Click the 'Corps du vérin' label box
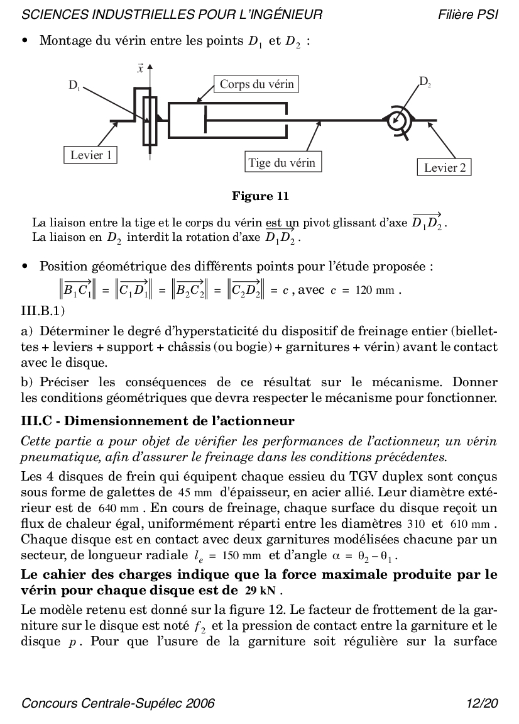point(256,84)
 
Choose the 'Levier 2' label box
point(444,167)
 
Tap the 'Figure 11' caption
point(260,196)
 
